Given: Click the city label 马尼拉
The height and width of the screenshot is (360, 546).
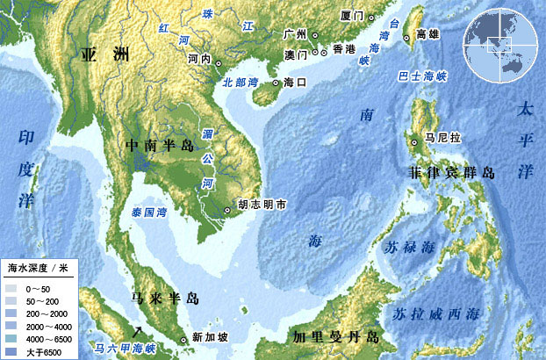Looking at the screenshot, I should [442, 138].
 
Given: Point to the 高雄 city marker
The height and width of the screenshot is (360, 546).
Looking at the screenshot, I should [407, 36].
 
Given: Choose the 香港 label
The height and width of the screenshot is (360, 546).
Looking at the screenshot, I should [346, 50].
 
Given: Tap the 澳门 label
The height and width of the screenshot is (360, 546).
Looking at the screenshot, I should [295, 54].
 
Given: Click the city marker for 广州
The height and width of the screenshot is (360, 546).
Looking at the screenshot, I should [315, 34].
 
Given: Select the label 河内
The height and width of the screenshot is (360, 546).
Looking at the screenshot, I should [199, 59].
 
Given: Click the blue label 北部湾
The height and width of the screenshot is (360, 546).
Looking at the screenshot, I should [241, 82].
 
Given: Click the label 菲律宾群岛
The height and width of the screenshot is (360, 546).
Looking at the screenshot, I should [450, 173].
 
